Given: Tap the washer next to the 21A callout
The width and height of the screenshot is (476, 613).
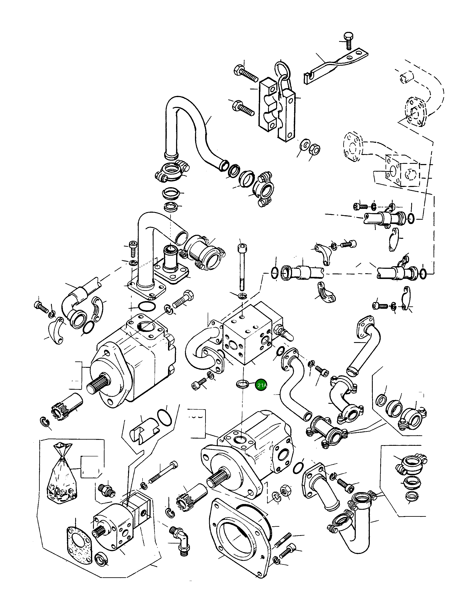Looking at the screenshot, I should (242, 383).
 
